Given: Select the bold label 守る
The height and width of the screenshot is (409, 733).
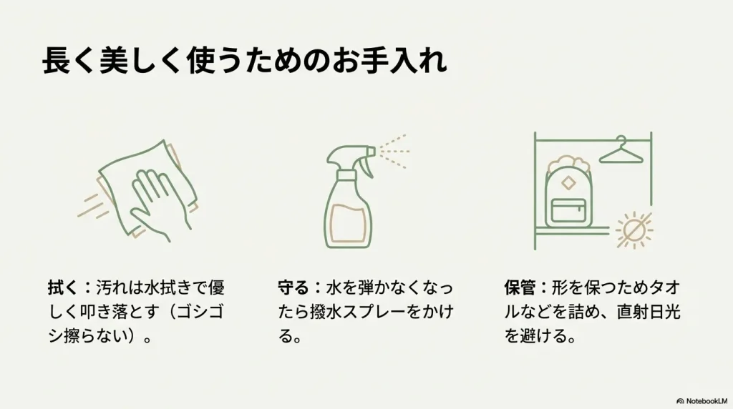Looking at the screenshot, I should [293, 288].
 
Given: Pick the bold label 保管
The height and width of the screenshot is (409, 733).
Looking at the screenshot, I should [520, 288].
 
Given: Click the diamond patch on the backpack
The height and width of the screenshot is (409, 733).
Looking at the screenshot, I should [568, 182].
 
